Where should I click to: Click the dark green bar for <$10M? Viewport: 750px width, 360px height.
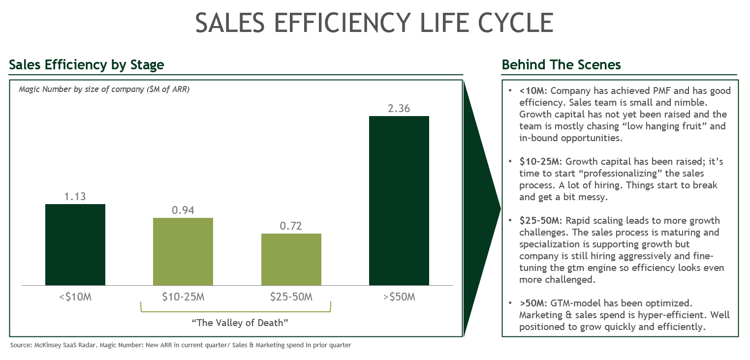click(x=75, y=244)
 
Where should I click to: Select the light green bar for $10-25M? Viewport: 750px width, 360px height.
click(x=183, y=251)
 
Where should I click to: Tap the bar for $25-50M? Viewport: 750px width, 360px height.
click(x=291, y=259)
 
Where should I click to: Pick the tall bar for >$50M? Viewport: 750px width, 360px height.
click(x=399, y=201)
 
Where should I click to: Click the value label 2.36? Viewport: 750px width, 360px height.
click(x=399, y=109)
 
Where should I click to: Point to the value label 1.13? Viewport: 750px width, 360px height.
click(x=75, y=197)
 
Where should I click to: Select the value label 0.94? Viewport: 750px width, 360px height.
click(x=183, y=210)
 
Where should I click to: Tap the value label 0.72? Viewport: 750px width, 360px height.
click(x=291, y=226)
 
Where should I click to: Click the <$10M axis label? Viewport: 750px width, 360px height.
click(x=75, y=297)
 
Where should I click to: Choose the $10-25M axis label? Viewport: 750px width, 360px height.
click(x=183, y=297)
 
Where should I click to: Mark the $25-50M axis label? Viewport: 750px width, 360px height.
click(x=291, y=297)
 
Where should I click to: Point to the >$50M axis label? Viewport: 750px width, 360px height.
click(x=399, y=297)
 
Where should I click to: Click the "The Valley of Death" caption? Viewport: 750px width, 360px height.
click(x=239, y=323)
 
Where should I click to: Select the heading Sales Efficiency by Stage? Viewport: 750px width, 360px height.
click(x=87, y=65)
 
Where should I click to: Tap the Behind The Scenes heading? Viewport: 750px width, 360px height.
click(x=561, y=65)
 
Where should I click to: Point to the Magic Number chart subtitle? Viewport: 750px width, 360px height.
click(x=104, y=90)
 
